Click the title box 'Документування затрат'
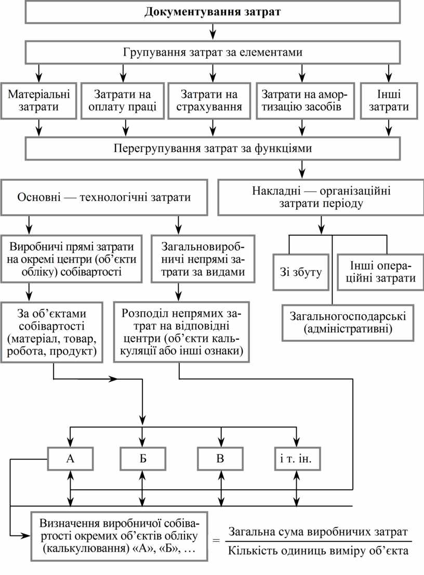coord(213,12)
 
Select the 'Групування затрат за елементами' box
coord(213,52)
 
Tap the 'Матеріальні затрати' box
coord(38,101)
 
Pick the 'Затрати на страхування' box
coord(209,101)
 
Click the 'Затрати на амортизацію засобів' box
coord(304,101)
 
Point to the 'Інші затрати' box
coord(389,101)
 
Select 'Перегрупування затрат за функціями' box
coord(213,149)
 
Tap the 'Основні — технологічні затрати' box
coord(104,197)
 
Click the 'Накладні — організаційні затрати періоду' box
coord(321,197)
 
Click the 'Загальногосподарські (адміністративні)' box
coord(348,322)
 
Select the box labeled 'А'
coord(71,458)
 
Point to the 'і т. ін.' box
coord(297,458)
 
